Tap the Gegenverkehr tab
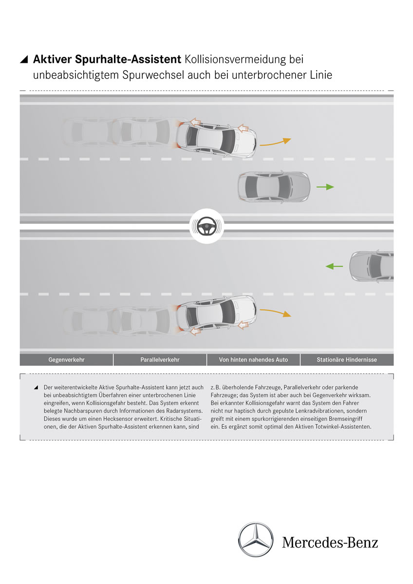pos(66,360)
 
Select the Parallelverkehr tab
pos(160,360)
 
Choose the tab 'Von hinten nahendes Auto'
pos(253,360)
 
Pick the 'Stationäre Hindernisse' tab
pos(347,360)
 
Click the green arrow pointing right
pos(325,187)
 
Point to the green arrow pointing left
pos(334,266)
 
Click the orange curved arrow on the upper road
pos(275,142)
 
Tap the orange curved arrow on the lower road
pos(275,312)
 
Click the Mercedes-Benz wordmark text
pos(330,542)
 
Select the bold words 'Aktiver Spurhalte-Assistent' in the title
pos(107,60)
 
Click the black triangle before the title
pos(24,60)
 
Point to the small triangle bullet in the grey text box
pos(36,387)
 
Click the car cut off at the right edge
pos(373,266)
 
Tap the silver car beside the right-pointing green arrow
pos(274,187)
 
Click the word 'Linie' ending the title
pos(319,76)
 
